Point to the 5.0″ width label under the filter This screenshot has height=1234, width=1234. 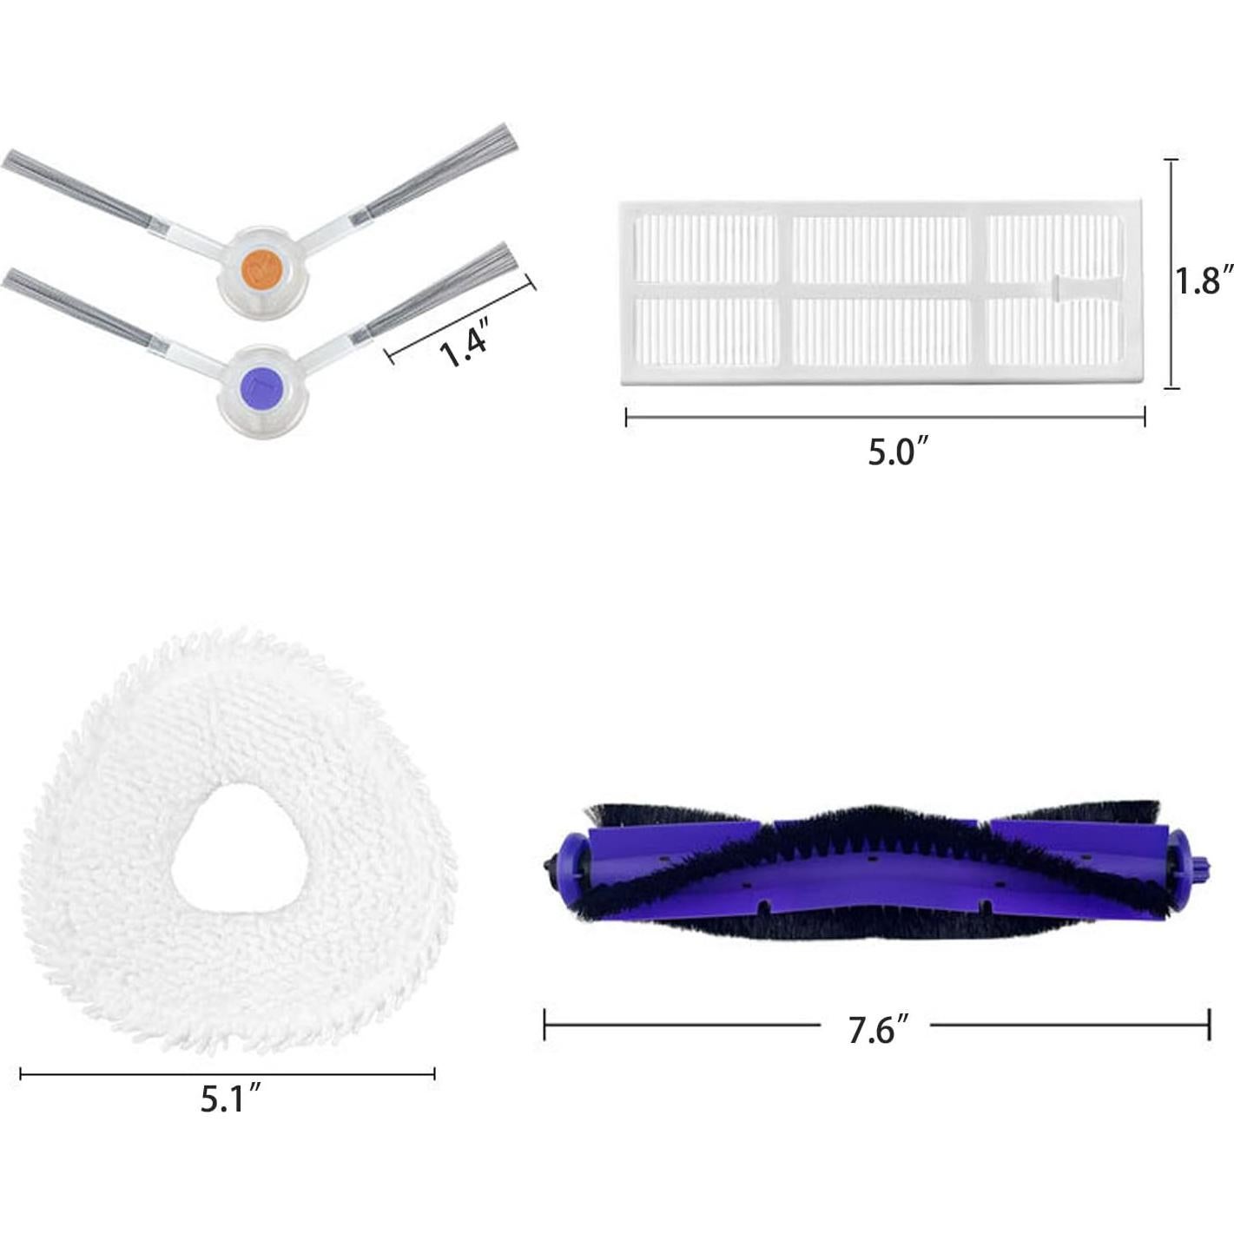(899, 452)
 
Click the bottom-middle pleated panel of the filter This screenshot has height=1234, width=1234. (880, 331)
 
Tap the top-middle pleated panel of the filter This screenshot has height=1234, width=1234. (880, 249)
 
